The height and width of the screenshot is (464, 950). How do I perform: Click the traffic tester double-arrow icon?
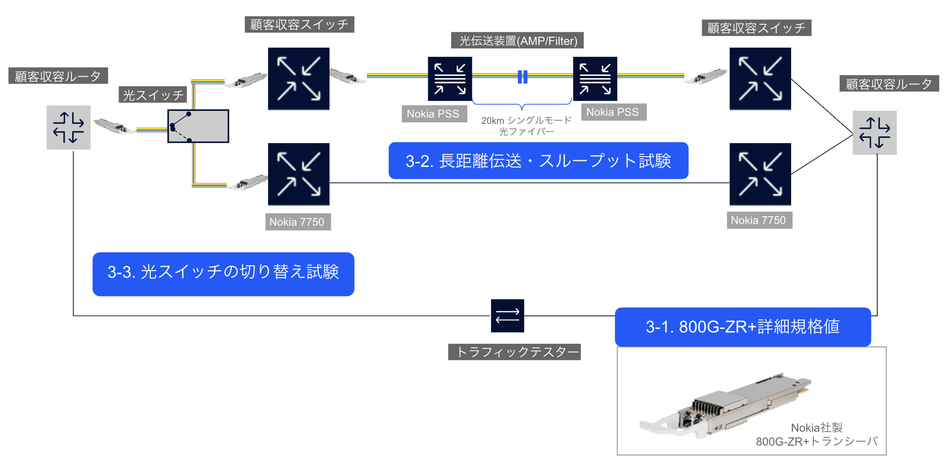[507, 315]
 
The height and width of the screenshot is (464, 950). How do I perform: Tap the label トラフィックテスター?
[514, 352]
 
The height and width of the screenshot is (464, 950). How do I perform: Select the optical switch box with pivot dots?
[198, 126]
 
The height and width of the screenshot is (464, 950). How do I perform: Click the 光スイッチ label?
[153, 95]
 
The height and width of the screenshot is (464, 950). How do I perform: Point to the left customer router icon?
[68, 127]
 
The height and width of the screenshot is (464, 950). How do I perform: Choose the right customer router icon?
[874, 132]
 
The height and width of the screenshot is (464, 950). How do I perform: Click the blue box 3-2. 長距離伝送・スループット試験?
[538, 161]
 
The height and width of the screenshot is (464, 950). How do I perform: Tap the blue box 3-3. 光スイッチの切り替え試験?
[223, 274]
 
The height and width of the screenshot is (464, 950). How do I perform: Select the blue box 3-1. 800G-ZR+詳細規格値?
[743, 327]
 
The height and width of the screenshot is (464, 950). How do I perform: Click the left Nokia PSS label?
[433, 114]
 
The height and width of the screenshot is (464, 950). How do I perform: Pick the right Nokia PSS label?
[613, 112]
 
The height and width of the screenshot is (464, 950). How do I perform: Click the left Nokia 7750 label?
[297, 222]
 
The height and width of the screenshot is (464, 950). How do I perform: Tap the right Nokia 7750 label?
[759, 220]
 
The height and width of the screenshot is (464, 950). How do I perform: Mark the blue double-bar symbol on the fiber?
[522, 77]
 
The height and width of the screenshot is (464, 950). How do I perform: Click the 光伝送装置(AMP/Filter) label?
[517, 40]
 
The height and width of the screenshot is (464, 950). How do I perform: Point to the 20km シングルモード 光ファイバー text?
[526, 126]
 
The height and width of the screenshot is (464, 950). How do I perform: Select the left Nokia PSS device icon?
[449, 79]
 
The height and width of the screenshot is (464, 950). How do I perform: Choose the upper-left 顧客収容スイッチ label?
[299, 24]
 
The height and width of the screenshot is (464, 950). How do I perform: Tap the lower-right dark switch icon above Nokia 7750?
[760, 174]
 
